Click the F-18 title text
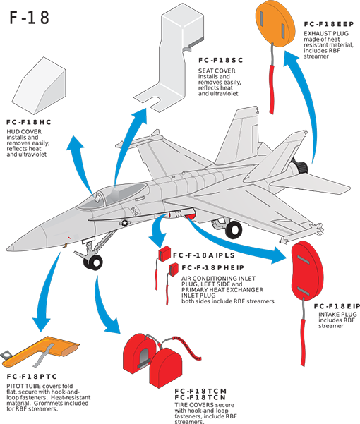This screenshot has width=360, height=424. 30,18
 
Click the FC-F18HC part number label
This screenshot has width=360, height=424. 29,122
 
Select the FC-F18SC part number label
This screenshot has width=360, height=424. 221,60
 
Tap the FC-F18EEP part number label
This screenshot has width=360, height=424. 329,24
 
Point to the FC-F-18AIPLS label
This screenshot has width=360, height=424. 204,255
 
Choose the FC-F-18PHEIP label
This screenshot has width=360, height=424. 213,267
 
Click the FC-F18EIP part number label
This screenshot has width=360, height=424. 337,306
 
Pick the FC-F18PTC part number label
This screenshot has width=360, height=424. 32,377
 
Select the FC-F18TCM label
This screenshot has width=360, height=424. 200,391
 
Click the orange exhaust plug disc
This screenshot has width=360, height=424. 275,23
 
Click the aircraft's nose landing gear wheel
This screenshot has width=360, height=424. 93,262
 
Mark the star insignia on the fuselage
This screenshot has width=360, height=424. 124,223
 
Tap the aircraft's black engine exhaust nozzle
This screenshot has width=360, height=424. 301,166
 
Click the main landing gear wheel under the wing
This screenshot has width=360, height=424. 234,230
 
